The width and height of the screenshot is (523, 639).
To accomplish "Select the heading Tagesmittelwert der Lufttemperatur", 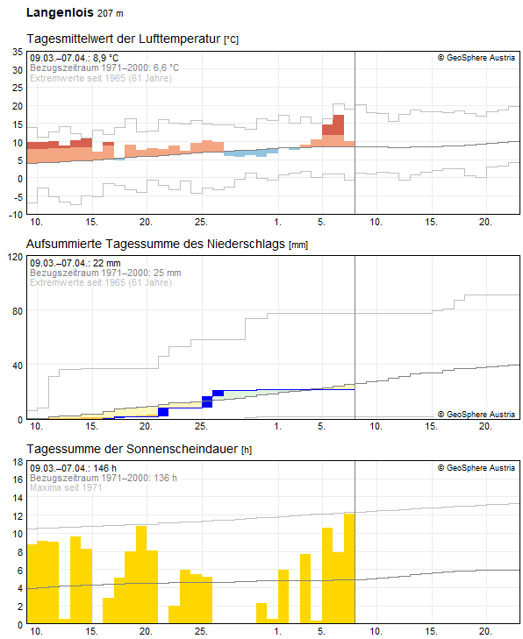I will (x=124, y=39).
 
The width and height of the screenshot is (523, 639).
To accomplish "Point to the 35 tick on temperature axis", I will (x=17, y=52).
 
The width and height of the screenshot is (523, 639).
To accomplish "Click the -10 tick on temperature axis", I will (x=15, y=214).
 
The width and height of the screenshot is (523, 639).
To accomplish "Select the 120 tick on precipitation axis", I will (x=14, y=257).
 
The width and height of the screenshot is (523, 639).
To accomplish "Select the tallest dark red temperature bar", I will (x=338, y=124).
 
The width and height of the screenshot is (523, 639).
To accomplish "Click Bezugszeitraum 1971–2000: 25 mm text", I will (x=105, y=273).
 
